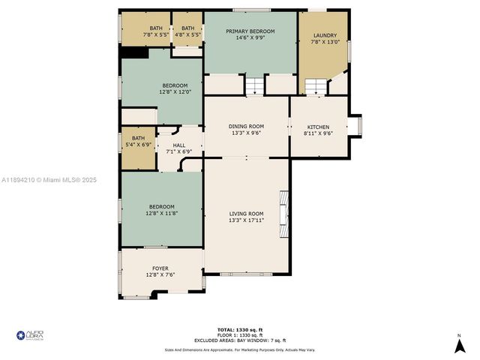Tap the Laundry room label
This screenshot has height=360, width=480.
click(x=325, y=35)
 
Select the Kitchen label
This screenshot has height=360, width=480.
click(x=317, y=127)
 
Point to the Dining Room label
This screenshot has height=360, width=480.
click(x=247, y=126)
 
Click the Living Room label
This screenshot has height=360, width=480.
click(x=247, y=213)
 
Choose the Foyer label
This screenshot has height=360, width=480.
click(x=160, y=268)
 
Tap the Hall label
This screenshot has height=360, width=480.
click(x=179, y=145)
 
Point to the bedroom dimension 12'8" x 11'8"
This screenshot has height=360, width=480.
click(x=161, y=214)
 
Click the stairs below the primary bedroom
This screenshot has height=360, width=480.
click(x=255, y=85)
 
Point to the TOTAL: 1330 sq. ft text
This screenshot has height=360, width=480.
click(x=239, y=330)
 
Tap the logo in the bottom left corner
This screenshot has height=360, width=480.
click(x=30, y=334)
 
